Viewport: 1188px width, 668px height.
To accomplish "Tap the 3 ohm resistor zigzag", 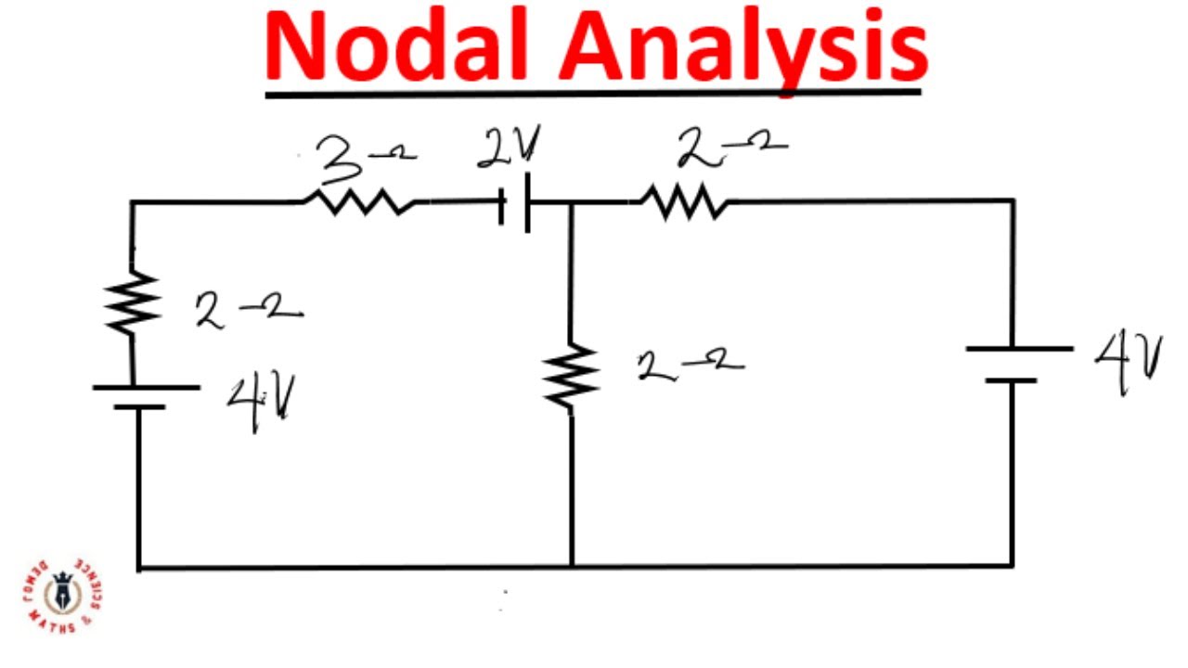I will [360, 201].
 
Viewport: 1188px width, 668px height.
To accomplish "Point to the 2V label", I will [508, 148].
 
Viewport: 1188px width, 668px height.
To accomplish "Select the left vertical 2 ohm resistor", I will [133, 302].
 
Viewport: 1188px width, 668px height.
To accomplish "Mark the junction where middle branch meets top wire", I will [571, 202].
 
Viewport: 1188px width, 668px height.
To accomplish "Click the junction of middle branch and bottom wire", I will [572, 565].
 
